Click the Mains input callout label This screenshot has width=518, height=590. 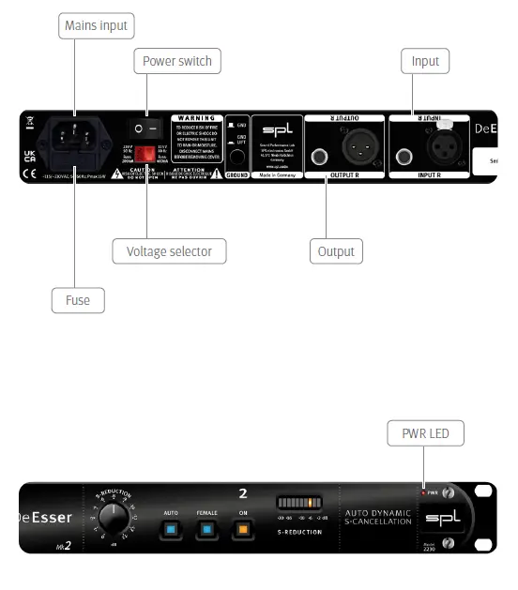tap(96, 24)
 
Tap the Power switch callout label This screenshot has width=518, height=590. tap(176, 62)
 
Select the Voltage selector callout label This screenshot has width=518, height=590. tap(169, 251)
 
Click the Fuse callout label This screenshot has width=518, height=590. tap(78, 300)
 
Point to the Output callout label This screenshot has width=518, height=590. tap(335, 251)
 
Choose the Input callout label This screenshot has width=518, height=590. tap(425, 62)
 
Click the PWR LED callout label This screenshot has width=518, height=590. tap(425, 433)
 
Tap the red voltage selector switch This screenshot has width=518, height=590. tap(144, 154)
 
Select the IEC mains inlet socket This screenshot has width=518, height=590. tap(78, 137)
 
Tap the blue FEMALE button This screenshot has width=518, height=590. tap(205, 530)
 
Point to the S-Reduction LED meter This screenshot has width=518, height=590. tap(299, 504)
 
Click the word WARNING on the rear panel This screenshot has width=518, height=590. tap(197, 119)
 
